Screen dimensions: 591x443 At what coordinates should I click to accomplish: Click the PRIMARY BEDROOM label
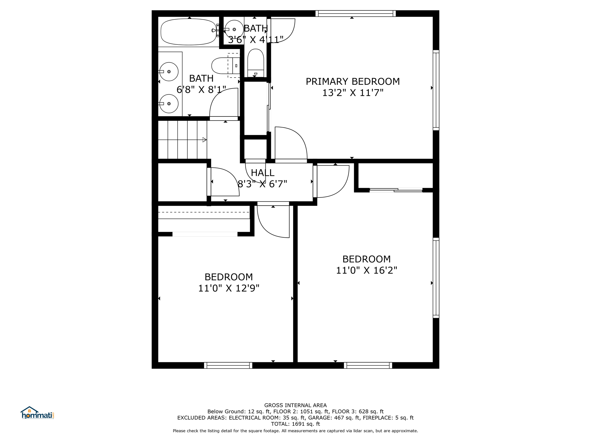(353, 82)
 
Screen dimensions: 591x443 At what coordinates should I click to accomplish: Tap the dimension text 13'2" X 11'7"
(353, 93)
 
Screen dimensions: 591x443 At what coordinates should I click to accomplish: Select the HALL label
(262, 173)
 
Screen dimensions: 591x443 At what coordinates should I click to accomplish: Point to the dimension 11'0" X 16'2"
(366, 270)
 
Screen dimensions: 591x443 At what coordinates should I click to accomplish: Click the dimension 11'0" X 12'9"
(229, 288)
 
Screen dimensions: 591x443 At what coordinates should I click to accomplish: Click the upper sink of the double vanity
(169, 72)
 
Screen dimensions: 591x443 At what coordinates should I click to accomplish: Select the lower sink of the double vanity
(169, 104)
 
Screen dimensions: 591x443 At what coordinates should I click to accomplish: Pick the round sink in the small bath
(234, 29)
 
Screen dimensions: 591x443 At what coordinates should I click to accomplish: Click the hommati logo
(37, 413)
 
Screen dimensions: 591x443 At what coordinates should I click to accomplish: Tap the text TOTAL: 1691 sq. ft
(295, 424)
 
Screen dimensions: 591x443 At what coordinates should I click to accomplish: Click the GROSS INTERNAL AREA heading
(295, 405)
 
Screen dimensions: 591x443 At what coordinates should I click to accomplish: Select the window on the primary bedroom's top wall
(356, 14)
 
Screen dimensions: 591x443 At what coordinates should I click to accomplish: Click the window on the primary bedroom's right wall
(436, 90)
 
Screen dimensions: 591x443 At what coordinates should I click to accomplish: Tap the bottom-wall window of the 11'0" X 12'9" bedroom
(228, 365)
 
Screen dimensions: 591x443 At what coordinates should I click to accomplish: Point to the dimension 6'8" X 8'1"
(201, 90)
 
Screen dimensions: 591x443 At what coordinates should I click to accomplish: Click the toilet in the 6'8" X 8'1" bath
(226, 66)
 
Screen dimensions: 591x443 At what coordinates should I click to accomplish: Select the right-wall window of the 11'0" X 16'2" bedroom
(436, 278)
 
